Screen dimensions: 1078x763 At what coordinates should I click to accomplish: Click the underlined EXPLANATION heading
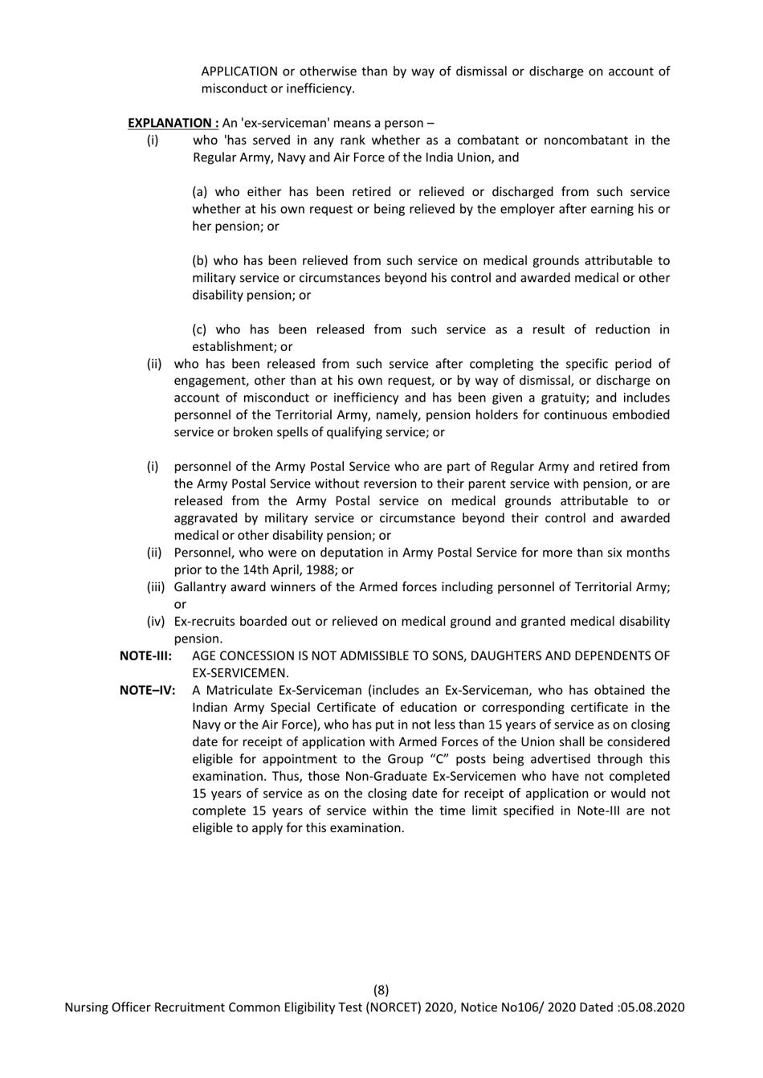coord(173,123)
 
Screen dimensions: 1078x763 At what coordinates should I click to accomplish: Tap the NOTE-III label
coord(145,655)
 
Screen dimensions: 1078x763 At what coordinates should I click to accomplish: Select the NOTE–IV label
coord(147,690)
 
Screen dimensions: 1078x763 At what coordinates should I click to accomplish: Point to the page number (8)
coord(381,990)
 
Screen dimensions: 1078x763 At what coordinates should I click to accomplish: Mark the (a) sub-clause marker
coord(201,192)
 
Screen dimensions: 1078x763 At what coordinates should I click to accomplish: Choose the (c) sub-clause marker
coord(202,329)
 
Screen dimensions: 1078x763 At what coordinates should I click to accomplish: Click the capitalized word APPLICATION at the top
coord(239,71)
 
